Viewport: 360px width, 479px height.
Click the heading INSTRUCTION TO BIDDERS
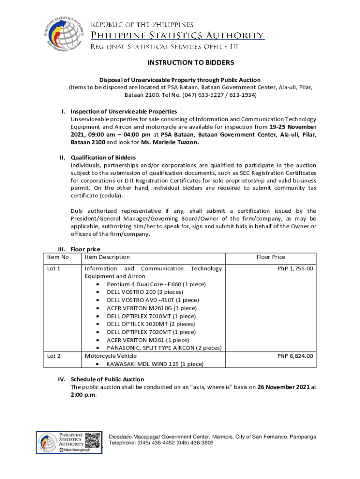click(x=191, y=63)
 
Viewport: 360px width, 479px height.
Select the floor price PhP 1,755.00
click(x=295, y=269)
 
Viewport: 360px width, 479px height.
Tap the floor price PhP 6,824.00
click(x=295, y=356)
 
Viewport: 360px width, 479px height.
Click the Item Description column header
click(x=107, y=257)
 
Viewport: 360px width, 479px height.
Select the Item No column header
click(x=58, y=257)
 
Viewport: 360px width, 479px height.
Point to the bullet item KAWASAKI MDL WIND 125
click(x=155, y=364)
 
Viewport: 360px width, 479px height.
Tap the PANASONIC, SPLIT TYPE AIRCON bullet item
click(x=164, y=348)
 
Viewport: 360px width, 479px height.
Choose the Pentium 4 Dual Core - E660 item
click(x=156, y=284)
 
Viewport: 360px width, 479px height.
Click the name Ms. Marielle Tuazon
click(x=173, y=143)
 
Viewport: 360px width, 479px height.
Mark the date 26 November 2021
click(x=283, y=387)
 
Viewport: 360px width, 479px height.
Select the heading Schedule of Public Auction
click(x=107, y=379)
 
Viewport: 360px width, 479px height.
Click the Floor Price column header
click(x=271, y=257)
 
